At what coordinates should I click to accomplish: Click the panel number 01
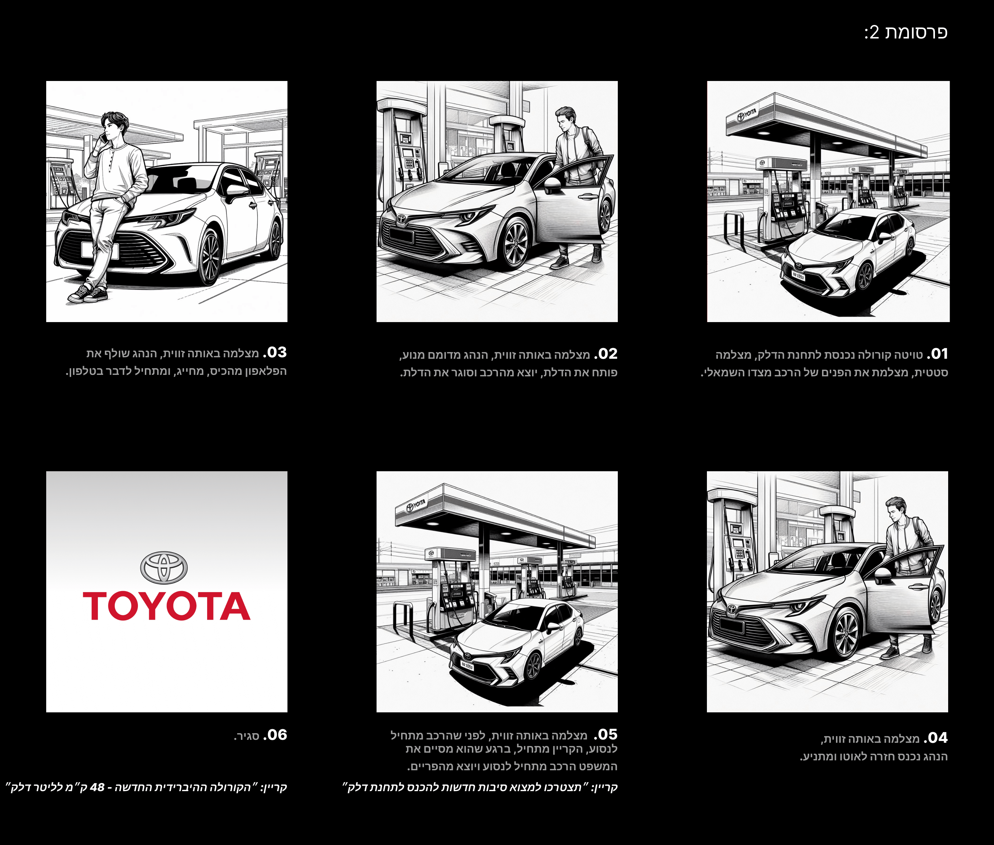click(938, 354)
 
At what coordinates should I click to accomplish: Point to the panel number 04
click(936, 738)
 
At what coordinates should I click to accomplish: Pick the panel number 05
click(606, 734)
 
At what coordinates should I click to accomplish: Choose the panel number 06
click(275, 735)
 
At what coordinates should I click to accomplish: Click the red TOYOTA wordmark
click(167, 606)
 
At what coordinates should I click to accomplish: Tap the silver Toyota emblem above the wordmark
click(164, 568)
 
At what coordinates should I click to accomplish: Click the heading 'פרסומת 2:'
click(906, 32)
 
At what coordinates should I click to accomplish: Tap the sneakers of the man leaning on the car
click(88, 294)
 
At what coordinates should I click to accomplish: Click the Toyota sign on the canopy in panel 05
click(416, 505)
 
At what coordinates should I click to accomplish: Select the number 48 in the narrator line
click(97, 787)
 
